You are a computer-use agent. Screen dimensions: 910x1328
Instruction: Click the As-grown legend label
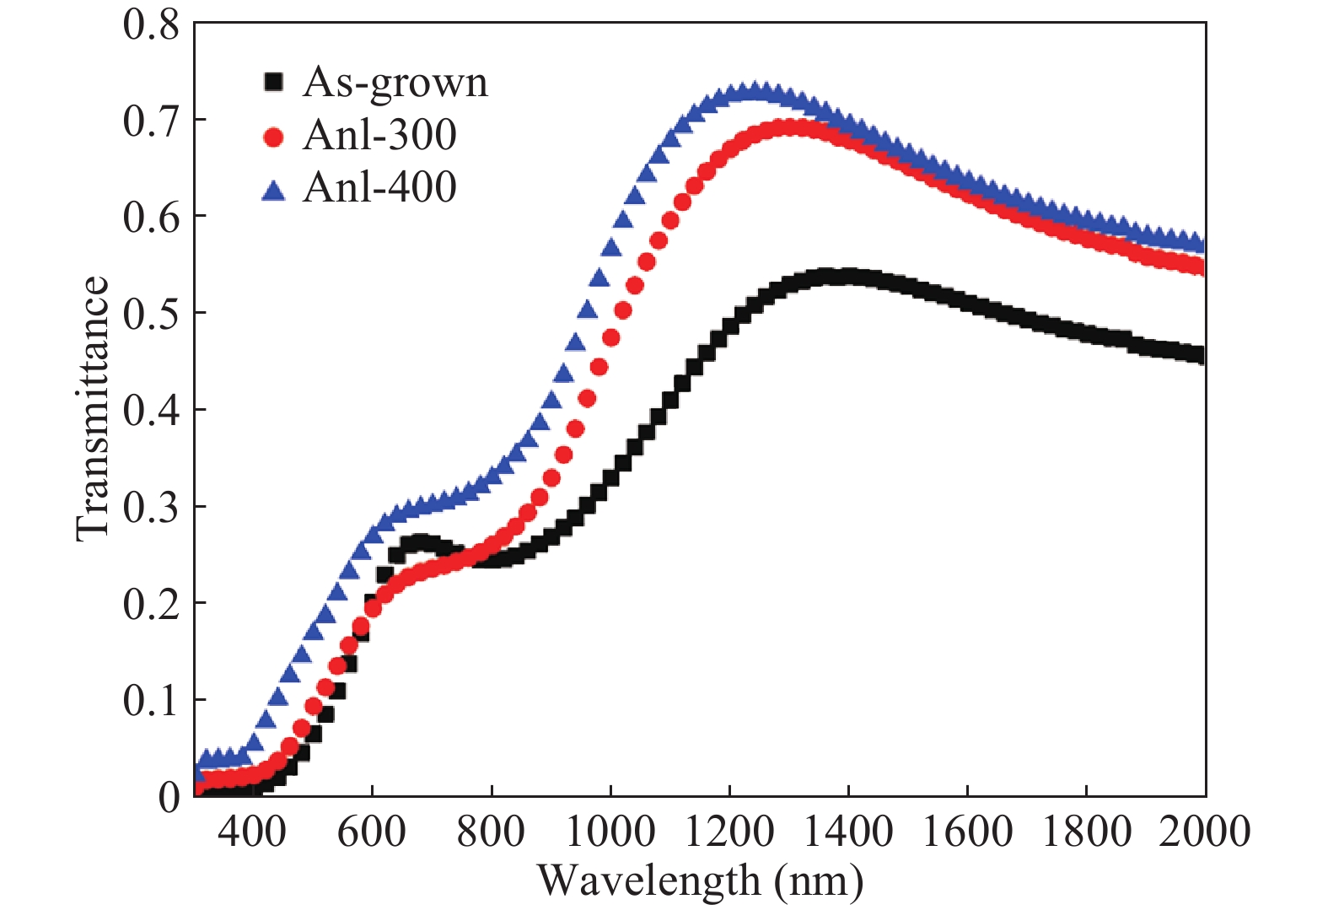point(395,83)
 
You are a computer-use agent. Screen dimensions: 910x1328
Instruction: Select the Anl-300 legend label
point(379,135)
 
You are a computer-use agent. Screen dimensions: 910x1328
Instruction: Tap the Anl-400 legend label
point(379,187)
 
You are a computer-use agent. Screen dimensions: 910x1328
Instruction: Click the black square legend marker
point(273,82)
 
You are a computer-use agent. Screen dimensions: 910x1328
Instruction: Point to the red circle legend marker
point(273,136)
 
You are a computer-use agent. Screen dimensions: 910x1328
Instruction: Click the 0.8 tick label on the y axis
point(152,24)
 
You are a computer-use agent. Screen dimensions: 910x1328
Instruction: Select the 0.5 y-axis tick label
point(152,314)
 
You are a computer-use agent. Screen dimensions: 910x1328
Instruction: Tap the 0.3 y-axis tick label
point(152,507)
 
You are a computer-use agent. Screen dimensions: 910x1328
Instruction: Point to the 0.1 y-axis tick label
point(152,700)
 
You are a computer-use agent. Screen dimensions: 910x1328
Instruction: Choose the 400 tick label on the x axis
point(252,832)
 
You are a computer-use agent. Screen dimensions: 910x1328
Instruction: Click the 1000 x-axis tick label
point(610,832)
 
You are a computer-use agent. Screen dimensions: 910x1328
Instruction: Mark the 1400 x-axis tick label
point(848,832)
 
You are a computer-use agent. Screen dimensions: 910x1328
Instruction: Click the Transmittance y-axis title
point(93,409)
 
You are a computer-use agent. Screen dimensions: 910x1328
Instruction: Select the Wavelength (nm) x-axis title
point(701,881)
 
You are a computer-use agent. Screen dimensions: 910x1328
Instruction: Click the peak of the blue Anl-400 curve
point(755,91)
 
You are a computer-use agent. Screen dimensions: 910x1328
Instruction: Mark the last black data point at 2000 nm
point(1201,356)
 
